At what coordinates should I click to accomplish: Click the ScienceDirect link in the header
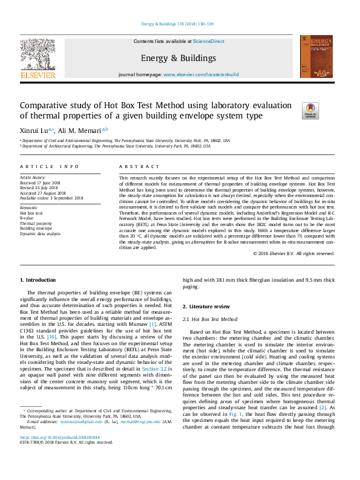coord(208,41)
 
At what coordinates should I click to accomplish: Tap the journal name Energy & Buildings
coord(178,58)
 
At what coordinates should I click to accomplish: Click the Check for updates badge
coord(310,111)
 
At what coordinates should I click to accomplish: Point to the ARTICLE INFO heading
coord(50,166)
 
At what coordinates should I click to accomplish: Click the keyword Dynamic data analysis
coord(41,233)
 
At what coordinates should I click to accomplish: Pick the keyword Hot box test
coord(31,213)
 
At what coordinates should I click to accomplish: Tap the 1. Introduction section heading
coord(38,280)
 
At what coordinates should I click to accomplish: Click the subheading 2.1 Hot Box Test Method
coord(210,319)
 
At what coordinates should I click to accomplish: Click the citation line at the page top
coord(177,24)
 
